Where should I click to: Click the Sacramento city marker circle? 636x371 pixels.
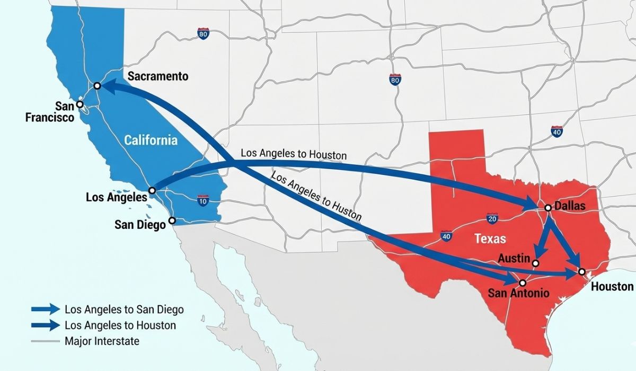(x=97, y=86)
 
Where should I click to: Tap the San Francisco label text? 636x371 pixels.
(x=50, y=112)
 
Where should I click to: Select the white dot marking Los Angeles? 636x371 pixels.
(x=152, y=190)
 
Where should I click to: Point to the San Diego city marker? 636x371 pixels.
(x=172, y=220)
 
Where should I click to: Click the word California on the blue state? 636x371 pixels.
(x=151, y=140)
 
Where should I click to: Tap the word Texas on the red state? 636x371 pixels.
(x=490, y=238)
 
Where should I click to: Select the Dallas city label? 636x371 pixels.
(x=569, y=206)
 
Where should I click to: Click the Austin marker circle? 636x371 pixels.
(x=536, y=263)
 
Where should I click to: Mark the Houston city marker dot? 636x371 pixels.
(x=581, y=272)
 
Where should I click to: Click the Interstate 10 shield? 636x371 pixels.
(x=202, y=200)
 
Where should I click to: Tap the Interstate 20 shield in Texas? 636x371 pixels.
(x=492, y=218)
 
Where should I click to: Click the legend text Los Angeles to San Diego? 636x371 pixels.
(x=124, y=310)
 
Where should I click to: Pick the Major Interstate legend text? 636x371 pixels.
(x=102, y=341)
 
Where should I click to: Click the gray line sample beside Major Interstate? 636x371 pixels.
(x=45, y=341)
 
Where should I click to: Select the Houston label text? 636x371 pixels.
(x=612, y=287)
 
